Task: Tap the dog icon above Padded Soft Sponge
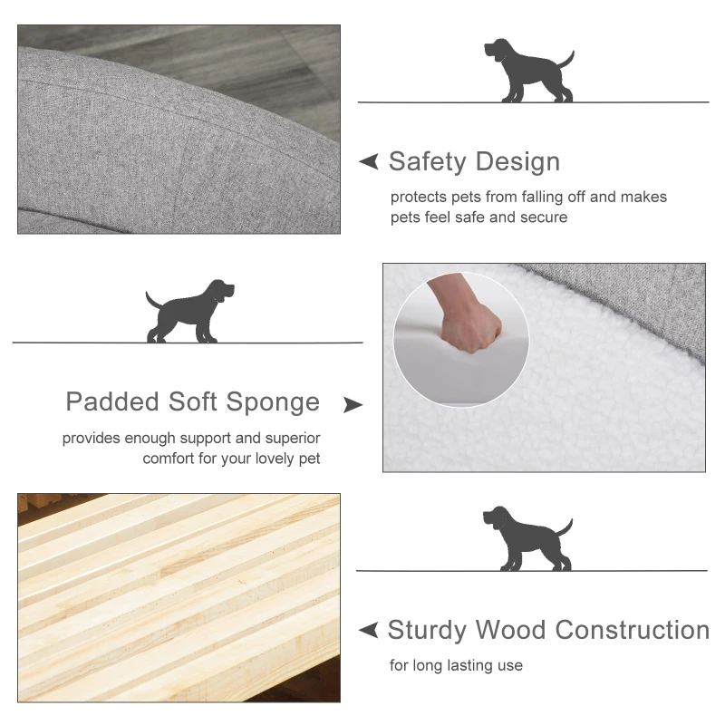point(190,311)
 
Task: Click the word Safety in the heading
point(428,162)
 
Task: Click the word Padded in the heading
point(113,401)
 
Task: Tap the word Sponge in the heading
point(278,402)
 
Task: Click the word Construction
point(632,630)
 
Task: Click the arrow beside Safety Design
point(369,162)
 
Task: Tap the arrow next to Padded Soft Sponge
point(353,404)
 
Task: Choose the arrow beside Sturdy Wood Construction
point(369,630)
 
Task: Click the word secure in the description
point(544,217)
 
